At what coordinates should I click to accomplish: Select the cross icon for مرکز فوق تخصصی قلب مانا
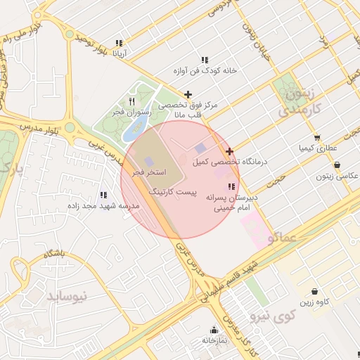pos(188,94)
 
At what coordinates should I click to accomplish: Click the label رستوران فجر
pos(131,112)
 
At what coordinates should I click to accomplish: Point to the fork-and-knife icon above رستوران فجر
pos(131,101)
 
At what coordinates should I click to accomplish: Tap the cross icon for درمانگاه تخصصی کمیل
pos(229,151)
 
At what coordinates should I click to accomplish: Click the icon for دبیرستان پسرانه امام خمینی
pos(231,186)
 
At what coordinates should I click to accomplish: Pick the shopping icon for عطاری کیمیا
pos(318,138)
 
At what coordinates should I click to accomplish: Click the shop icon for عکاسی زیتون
pos(337,165)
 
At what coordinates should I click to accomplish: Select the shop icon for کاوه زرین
pos(314,291)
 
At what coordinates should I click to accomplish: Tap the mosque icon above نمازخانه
pos(214,330)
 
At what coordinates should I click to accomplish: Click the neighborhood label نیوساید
pos(67,296)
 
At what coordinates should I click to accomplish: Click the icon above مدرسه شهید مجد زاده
pos(104,195)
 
